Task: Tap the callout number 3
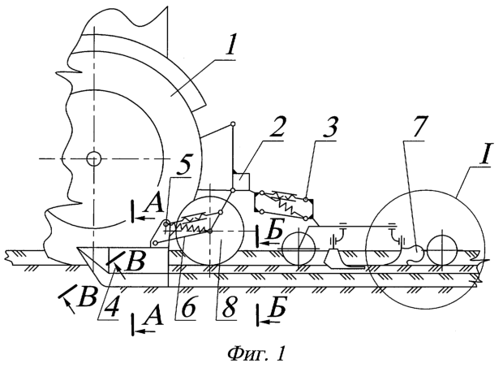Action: pos(329,127)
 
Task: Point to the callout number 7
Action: pos(417,128)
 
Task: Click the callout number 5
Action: pos(183,164)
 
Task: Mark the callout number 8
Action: pos(229,308)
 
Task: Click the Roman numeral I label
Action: pos(484,155)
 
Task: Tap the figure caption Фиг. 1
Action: pos(256,353)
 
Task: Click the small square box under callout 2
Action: pos(241,181)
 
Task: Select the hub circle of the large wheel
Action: pos(93,158)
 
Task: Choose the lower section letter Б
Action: pos(277,310)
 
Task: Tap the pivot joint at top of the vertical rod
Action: pos(233,124)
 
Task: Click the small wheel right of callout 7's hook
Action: pos(442,251)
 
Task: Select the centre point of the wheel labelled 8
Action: pos(209,231)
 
